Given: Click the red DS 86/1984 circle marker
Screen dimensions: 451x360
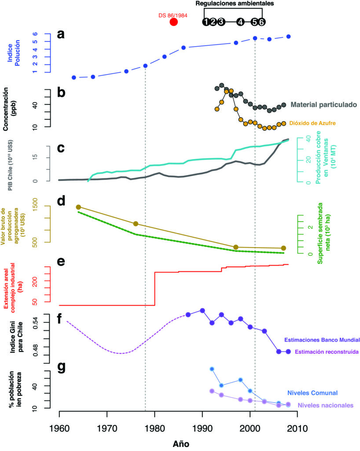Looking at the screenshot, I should tap(173, 22).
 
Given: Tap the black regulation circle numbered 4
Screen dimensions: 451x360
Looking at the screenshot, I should tap(240, 22).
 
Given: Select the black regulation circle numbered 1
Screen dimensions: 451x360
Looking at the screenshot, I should tap(206, 22).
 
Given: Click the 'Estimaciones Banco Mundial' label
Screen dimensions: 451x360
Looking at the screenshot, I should tap(323, 340).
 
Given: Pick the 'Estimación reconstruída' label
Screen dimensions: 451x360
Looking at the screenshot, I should tap(327, 352).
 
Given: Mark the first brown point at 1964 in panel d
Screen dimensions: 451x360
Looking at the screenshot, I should tap(78, 207).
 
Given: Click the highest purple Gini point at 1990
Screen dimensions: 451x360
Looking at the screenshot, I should tap(202, 311).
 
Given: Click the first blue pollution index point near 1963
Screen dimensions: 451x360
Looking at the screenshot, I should tap(73, 78).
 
